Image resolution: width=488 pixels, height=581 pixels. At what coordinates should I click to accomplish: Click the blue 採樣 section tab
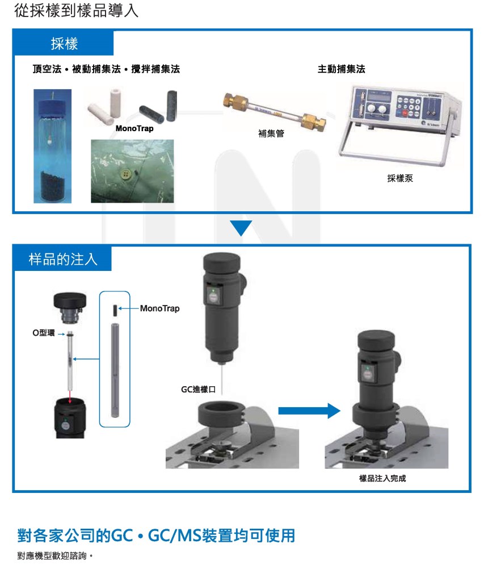coord(63,43)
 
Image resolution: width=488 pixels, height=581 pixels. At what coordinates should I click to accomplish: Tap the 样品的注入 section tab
coord(62,258)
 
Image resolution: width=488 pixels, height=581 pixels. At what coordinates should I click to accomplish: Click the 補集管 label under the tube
coord(271,133)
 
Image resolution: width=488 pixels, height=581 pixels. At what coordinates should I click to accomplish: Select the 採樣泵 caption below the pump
coord(400,178)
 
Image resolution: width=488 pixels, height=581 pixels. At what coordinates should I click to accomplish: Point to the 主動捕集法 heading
coord(342,69)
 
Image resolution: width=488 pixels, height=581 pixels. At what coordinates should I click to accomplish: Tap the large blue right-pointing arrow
coord(309,411)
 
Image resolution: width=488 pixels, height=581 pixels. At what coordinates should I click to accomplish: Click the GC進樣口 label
coord(198,390)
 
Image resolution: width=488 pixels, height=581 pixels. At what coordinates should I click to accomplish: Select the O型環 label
coord(43,333)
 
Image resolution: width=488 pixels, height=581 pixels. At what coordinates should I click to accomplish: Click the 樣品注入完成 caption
coord(382,478)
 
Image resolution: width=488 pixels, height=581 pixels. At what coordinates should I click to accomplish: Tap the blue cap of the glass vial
coord(53,107)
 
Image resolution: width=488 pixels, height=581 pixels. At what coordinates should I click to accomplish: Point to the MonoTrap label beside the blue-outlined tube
coord(159,308)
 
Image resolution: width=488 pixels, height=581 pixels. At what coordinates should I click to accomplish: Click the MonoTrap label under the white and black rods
coord(134,128)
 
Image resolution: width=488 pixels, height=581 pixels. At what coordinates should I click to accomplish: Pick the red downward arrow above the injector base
coord(70,396)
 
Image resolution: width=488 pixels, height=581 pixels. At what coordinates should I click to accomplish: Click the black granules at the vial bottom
coord(53,187)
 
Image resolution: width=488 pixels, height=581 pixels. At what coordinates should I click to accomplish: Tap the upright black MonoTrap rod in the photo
coord(172,106)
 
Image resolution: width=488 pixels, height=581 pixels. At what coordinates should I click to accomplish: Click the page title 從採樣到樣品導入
coord(76,10)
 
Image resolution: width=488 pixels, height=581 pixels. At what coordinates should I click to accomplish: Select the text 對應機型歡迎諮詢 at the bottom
coord(52,556)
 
